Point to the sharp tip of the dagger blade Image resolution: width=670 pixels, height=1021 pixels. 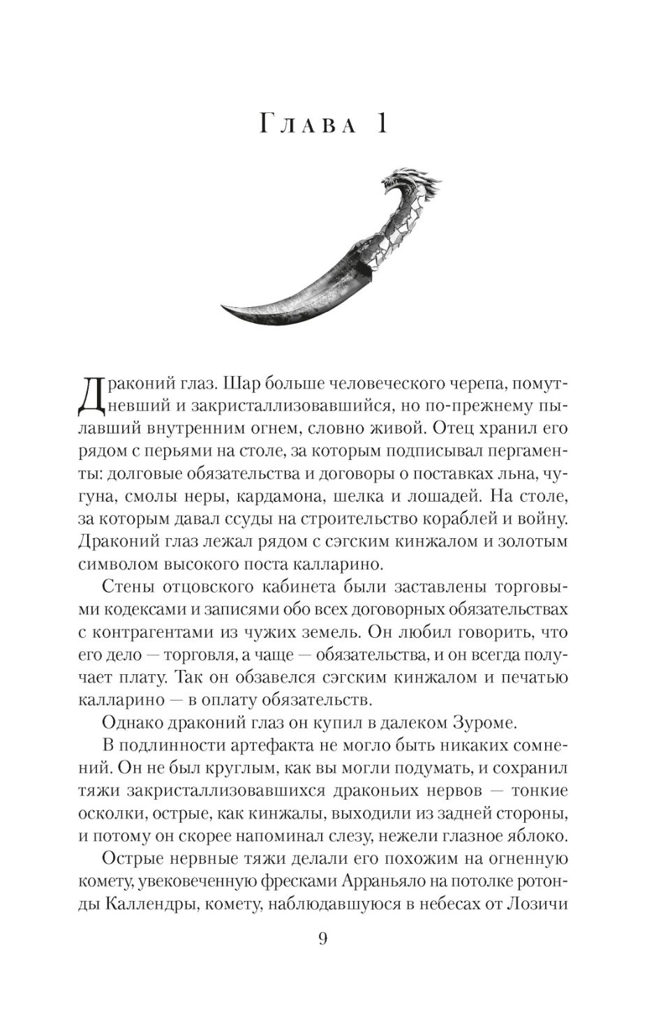coord(224,307)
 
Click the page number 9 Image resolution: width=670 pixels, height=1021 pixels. coord(322,938)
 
